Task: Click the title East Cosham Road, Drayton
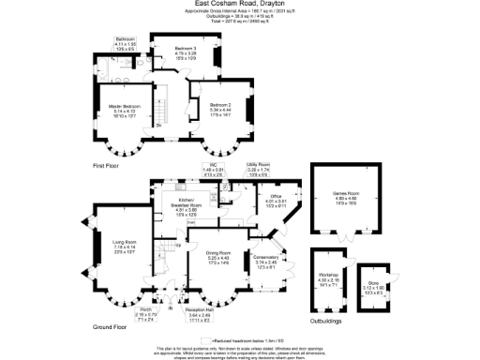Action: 239,4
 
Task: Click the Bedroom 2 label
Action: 221,104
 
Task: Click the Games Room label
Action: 347,194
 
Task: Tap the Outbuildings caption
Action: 322,320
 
